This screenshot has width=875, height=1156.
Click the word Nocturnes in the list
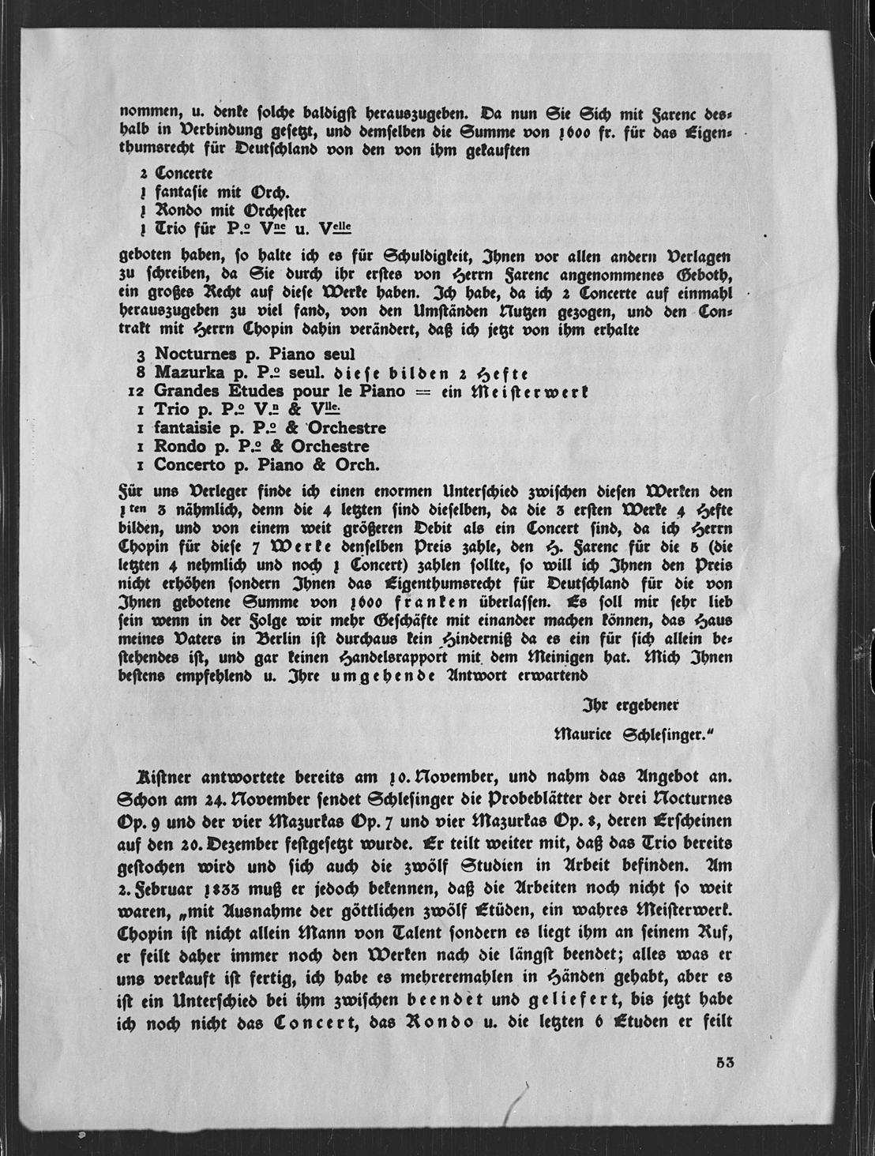pyautogui.click(x=193, y=355)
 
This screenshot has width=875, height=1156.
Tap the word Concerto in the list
pyautogui.click(x=190, y=465)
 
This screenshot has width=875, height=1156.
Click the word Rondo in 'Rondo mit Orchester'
pyautogui.click(x=181, y=210)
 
